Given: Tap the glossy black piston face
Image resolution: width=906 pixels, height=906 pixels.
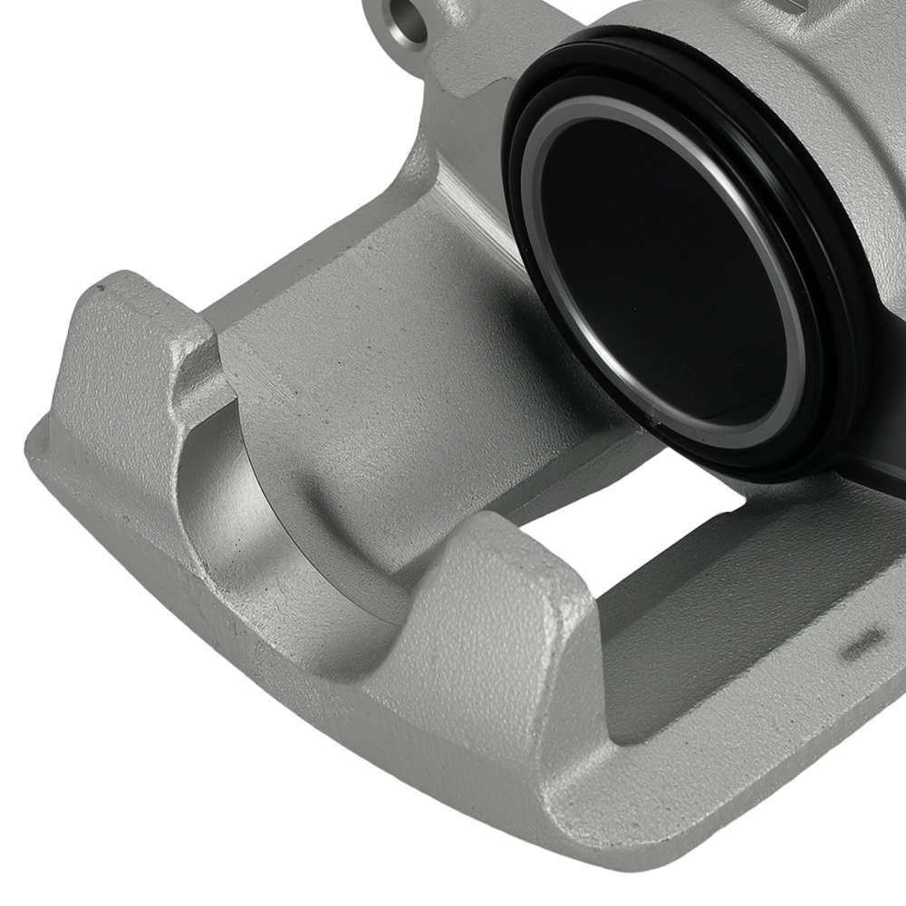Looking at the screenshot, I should tap(661, 272).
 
